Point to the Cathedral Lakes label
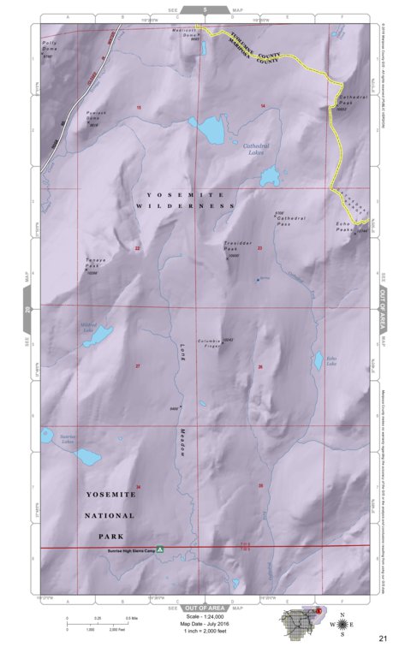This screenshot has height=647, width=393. pos(256,149)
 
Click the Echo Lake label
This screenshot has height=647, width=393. pos(330,361)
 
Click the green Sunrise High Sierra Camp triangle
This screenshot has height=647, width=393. pos(158,554)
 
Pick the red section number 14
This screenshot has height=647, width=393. pos(263,105)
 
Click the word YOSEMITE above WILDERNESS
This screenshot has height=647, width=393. pos(170,194)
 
